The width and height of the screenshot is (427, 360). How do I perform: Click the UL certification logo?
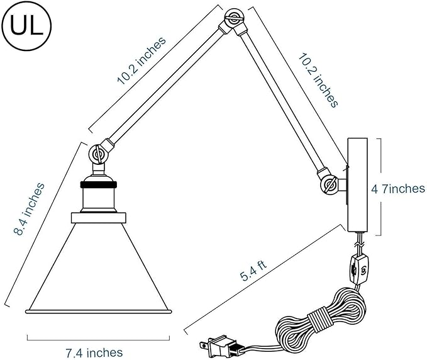pyautogui.click(x=26, y=26)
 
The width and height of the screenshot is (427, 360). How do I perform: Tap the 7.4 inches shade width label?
pyautogui.click(x=94, y=352)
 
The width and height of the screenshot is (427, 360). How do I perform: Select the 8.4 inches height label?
pyautogui.click(x=29, y=209)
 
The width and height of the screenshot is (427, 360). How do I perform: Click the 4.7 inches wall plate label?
pyautogui.click(x=398, y=189)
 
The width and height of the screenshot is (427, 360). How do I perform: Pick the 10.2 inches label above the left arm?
pyautogui.click(x=141, y=60)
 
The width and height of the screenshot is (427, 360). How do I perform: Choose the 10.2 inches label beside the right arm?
pyautogui.click(x=318, y=81)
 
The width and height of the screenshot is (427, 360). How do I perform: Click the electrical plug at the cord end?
pyautogui.click(x=218, y=346)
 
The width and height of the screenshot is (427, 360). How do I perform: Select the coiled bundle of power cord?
pyautogui.click(x=321, y=317)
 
